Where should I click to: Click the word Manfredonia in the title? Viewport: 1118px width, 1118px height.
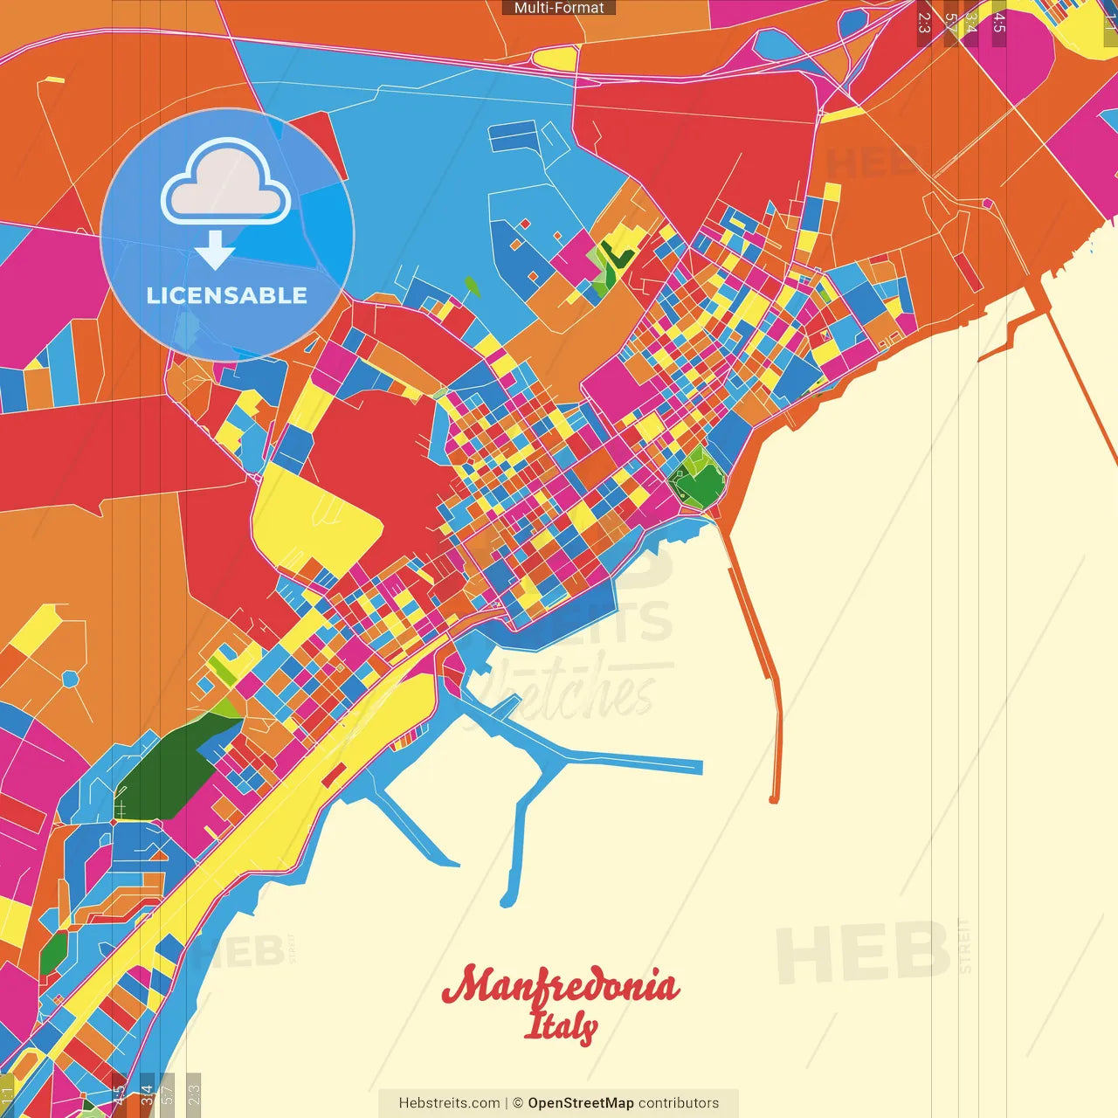561,985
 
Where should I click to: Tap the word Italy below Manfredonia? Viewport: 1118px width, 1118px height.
560,1026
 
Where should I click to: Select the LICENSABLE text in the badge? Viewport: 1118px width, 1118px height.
227,295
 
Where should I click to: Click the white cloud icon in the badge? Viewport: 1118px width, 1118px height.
226,183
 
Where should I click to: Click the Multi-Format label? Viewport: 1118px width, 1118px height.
559,8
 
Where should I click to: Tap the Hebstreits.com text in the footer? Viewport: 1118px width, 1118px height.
449,1103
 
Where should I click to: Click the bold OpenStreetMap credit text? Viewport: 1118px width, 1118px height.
581,1103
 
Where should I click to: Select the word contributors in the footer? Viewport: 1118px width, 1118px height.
679,1103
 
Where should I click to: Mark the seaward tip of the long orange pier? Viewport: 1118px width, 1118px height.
773,798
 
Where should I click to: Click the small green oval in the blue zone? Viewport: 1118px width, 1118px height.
473,286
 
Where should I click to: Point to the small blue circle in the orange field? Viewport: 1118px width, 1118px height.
71,679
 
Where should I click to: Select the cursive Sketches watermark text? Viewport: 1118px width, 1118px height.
572,690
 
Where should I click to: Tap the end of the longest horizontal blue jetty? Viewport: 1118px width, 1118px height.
700,768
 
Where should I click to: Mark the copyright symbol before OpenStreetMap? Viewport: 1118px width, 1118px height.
518,1103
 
